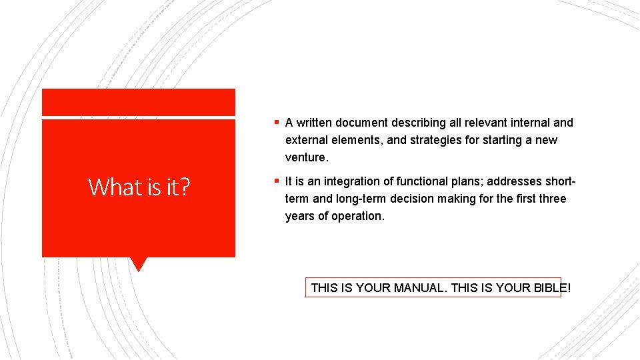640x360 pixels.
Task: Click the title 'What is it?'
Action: (139, 187)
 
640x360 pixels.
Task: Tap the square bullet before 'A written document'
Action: (277, 123)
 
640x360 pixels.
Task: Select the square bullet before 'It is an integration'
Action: (277, 181)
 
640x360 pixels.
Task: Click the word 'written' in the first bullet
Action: (314, 123)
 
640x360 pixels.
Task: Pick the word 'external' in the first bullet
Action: (306, 140)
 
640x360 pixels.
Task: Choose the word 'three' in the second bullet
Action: (551, 199)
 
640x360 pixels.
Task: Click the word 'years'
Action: (299, 216)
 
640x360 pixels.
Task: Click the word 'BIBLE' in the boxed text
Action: (550, 288)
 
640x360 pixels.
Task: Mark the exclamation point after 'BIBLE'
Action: (569, 288)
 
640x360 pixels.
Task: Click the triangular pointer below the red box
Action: (139, 264)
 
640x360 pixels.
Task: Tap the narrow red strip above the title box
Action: (139, 102)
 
